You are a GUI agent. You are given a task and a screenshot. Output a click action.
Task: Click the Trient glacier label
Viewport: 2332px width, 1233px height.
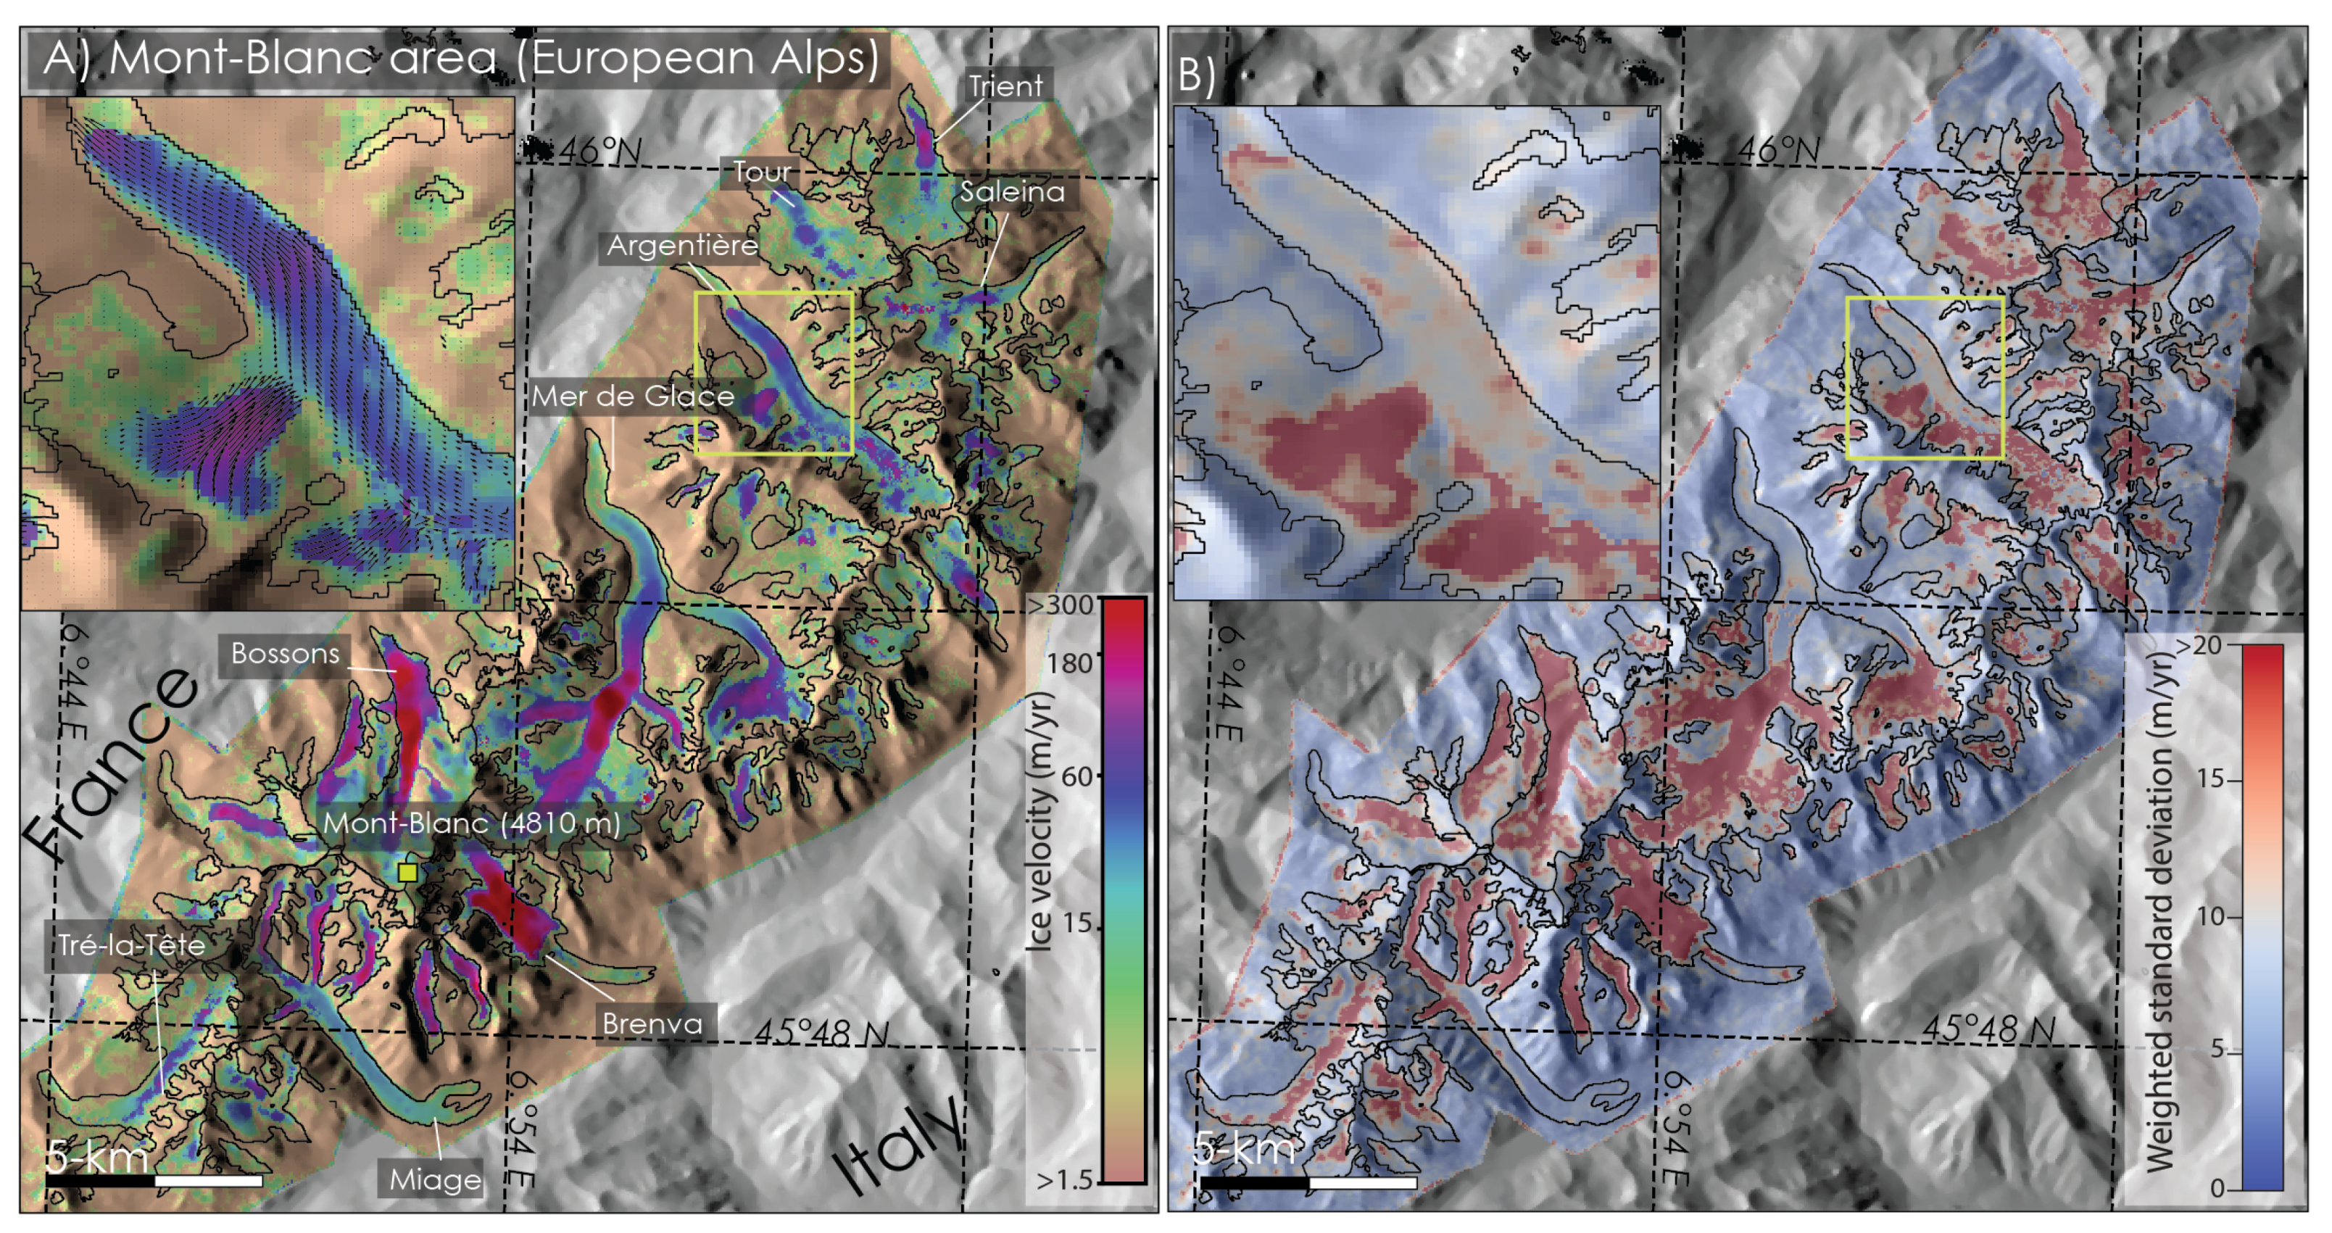1005,86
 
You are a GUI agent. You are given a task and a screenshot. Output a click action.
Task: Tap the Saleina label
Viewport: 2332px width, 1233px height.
1012,192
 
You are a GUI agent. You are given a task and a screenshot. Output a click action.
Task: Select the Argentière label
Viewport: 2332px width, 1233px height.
681,245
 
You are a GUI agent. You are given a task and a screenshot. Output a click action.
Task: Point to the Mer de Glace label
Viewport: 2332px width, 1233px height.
633,397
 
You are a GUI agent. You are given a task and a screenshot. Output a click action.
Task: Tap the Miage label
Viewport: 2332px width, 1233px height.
434,1179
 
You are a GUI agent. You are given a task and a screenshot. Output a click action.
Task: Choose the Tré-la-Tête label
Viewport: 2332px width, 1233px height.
132,946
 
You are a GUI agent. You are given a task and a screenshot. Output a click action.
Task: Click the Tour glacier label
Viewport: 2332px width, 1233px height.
761,172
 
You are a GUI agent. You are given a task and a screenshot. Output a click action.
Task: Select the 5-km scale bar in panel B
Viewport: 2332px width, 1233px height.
1308,1182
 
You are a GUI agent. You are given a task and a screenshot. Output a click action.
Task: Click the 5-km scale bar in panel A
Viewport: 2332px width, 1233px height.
154,1181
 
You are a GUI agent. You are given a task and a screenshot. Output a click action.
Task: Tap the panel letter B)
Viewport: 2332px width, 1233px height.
1197,75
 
